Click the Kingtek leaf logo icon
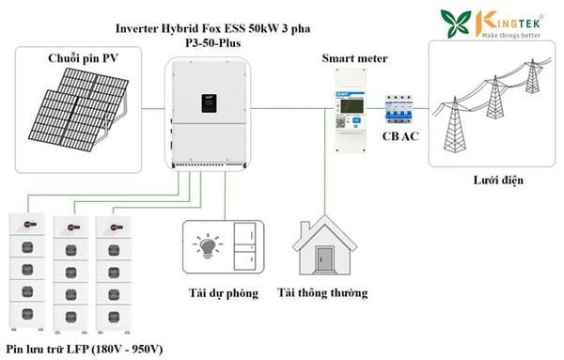pyautogui.click(x=456, y=23)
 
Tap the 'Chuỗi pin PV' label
pyautogui.click(x=83, y=58)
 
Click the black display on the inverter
pyautogui.click(x=209, y=103)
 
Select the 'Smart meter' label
pyautogui.click(x=354, y=58)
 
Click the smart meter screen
pyautogui.click(x=352, y=105)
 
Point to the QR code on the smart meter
pyautogui.click(x=340, y=122)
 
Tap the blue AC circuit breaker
pyautogui.click(x=399, y=109)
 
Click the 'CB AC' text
pyautogui.click(x=400, y=136)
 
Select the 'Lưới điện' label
pyautogui.click(x=498, y=180)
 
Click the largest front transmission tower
pyautogui.click(x=455, y=125)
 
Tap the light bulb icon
pyautogui.click(x=208, y=246)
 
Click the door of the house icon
pyautogui.click(x=324, y=258)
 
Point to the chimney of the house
pyautogui.click(x=305, y=228)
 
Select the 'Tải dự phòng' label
pyautogui.click(x=224, y=293)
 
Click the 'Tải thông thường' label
pyautogui.click(x=322, y=292)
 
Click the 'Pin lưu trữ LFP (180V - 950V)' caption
pyautogui.click(x=85, y=350)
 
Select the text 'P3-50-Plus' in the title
pyautogui.click(x=213, y=43)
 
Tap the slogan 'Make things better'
pyautogui.click(x=511, y=35)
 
